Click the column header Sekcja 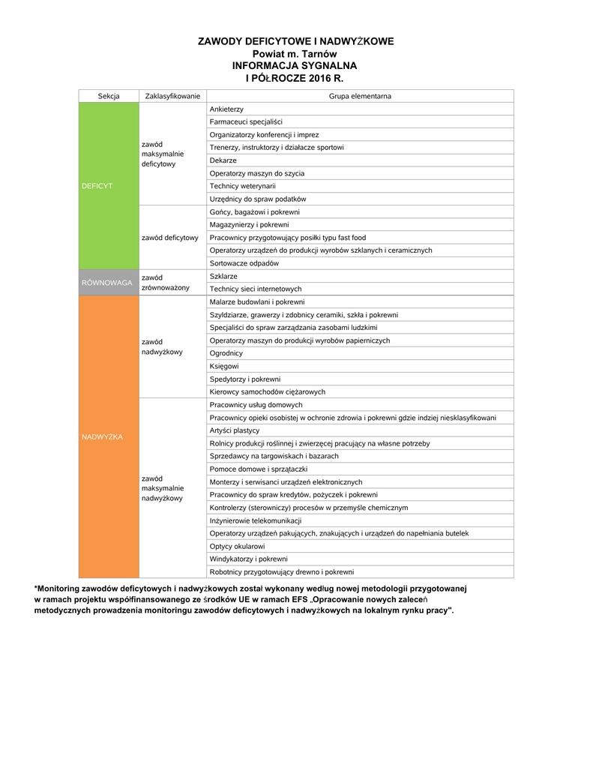coord(109,96)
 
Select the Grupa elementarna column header coord(360,96)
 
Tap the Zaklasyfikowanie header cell coord(172,96)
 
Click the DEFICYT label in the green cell coord(97,185)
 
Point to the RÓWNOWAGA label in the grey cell coord(106,283)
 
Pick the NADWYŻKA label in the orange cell coord(102,436)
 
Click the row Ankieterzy coord(226,109)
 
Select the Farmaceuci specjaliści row coord(246,122)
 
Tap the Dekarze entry coord(223,160)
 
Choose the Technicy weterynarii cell coord(243,186)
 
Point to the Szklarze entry coord(223,276)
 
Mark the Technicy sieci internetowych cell coord(256,289)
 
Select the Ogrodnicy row coord(226,353)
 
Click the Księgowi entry coord(224,366)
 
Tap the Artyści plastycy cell coord(235,430)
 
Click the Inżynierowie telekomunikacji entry coord(256,520)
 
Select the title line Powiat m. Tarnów coord(295,54)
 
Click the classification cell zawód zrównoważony coord(166,283)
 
